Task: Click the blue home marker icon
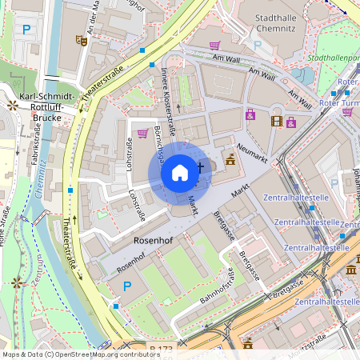pos(180,171)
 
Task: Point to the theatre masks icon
pos(81,39)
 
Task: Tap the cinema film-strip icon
pos(277,121)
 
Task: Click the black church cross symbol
pos(201,168)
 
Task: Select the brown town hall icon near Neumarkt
pos(230,158)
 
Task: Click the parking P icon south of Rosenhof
pos(126,285)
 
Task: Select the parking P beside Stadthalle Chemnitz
pos(257,46)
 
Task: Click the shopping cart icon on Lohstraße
pos(142,134)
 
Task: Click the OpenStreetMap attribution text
pos(80,354)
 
